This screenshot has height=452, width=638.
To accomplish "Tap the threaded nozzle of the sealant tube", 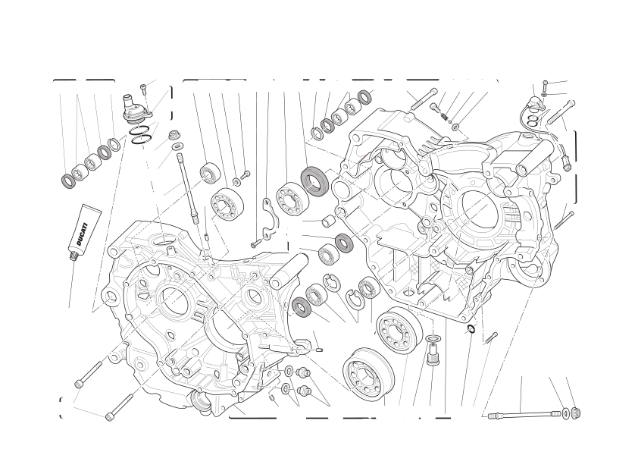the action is tap(74, 256).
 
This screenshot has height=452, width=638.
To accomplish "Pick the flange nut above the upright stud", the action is tap(174, 134).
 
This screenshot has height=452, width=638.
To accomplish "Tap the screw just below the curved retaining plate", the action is tap(255, 243).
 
